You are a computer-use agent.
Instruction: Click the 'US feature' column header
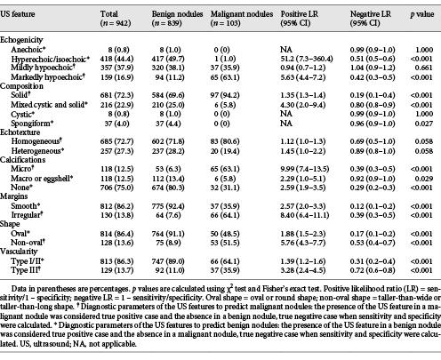[x=18, y=14]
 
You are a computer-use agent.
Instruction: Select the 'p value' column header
[x=422, y=14]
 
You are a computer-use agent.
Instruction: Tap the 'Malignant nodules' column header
[x=242, y=14]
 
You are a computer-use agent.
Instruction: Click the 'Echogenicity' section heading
[x=21, y=40]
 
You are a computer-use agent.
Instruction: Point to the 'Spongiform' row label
[x=32, y=124]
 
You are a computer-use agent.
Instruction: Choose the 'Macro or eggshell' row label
[x=42, y=179]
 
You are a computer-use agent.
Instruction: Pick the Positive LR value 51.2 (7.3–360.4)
[x=307, y=59]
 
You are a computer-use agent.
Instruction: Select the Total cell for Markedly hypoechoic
[x=116, y=77]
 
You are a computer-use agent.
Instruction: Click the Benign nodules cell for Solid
[x=168, y=95]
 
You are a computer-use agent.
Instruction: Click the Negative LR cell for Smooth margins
[x=373, y=206]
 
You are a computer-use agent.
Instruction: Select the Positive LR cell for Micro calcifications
[x=305, y=169]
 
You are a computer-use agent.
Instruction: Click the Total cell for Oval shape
[x=116, y=234]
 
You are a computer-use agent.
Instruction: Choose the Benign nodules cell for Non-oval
[x=172, y=243]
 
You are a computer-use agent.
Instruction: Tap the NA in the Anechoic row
[x=286, y=50]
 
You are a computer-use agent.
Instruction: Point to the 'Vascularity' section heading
[x=19, y=252]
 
